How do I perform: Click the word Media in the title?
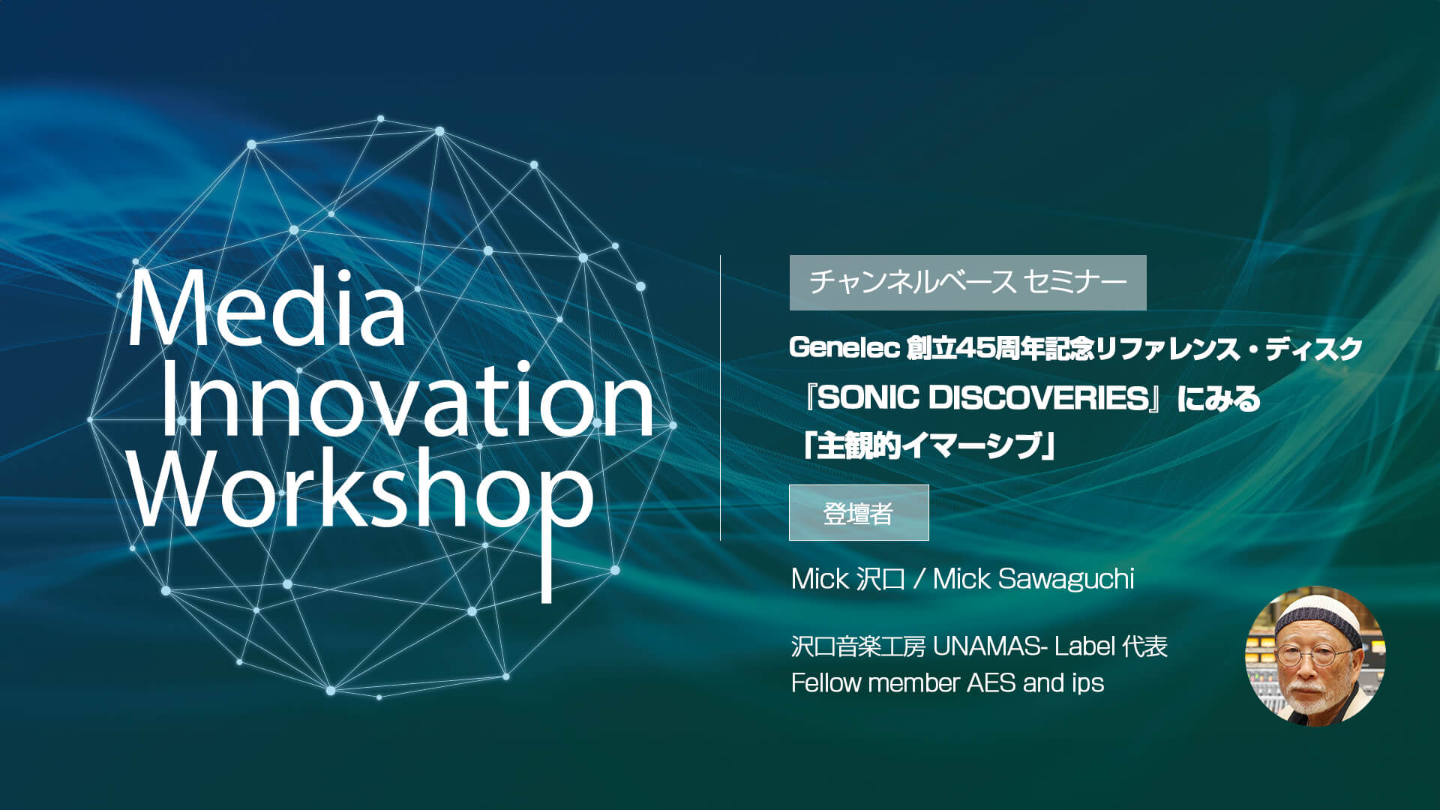pyautogui.click(x=267, y=309)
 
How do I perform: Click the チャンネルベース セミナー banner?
pyautogui.click(x=967, y=283)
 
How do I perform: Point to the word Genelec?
pyautogui.click(x=844, y=348)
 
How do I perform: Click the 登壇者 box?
pyautogui.click(x=859, y=513)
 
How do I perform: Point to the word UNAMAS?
pyautogui.click(x=985, y=646)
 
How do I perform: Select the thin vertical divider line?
pyautogui.click(x=721, y=397)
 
